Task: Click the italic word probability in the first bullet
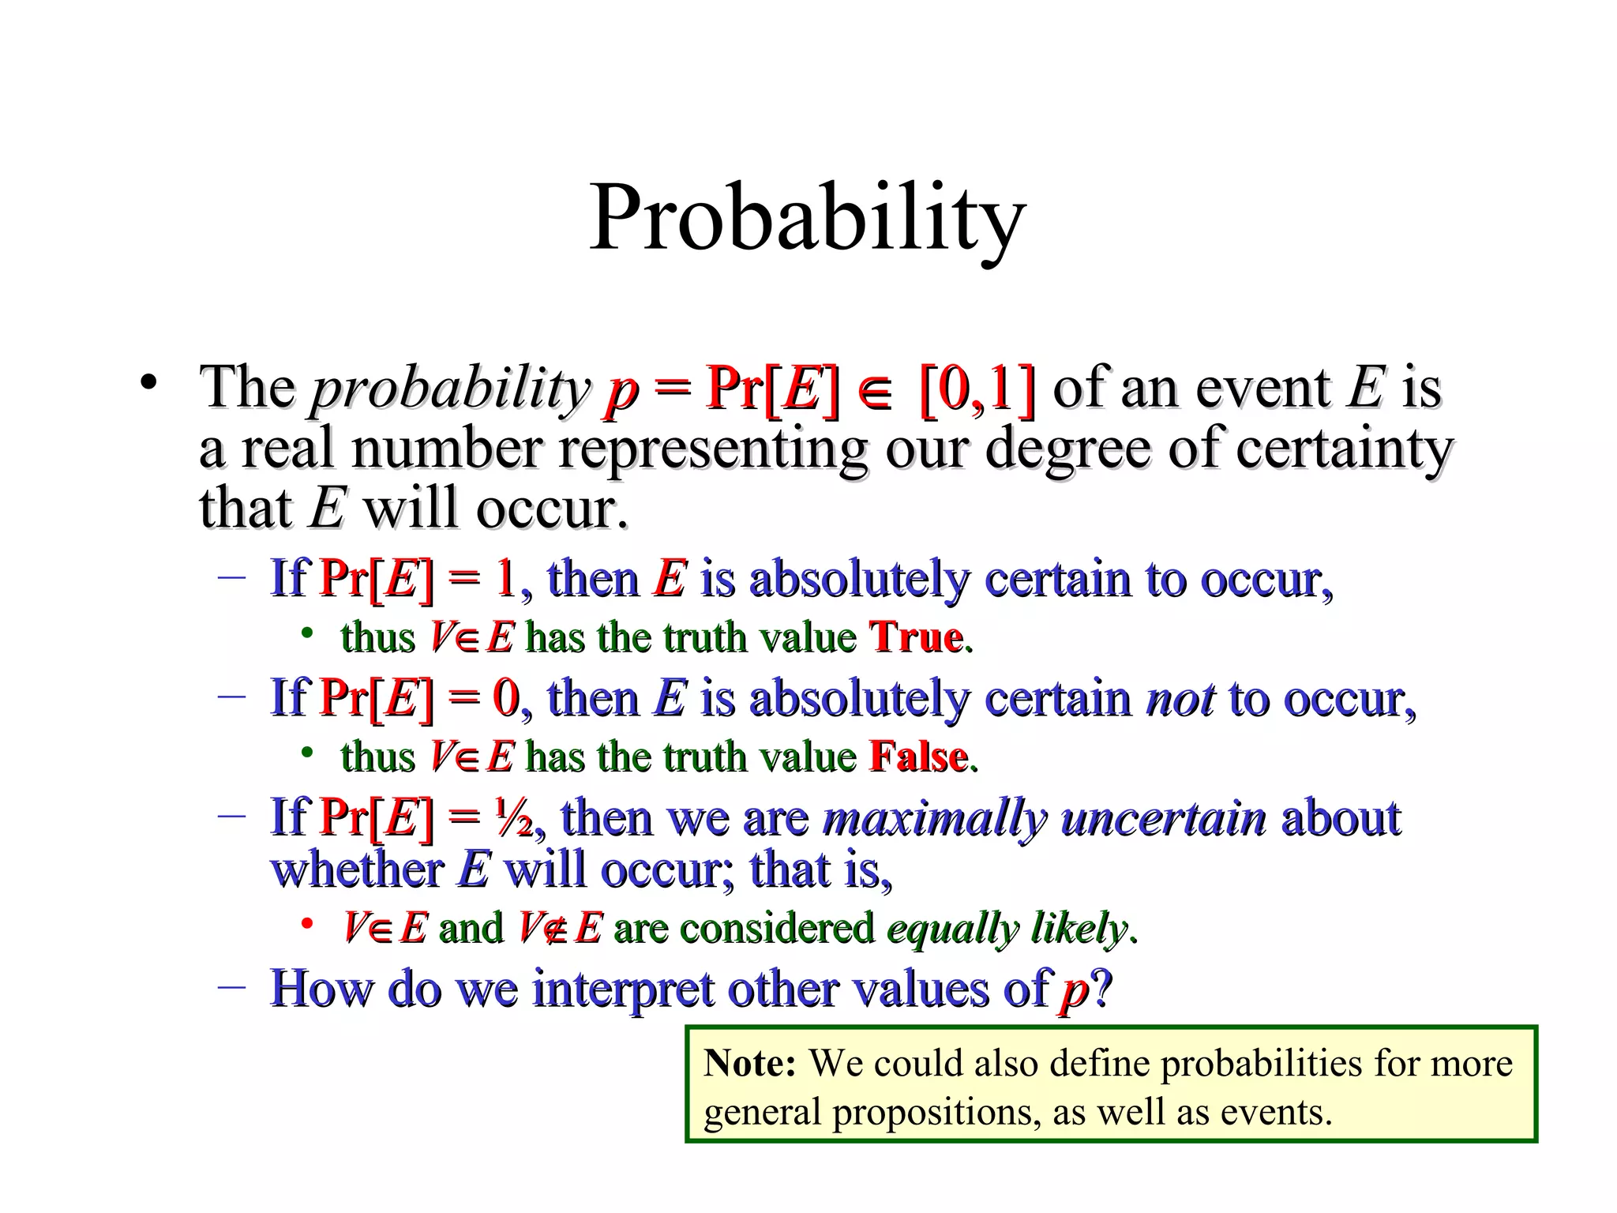pos(450,390)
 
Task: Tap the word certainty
pos(1343,449)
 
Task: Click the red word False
pos(918,757)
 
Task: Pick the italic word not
pos(1180,699)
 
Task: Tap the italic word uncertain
pos(1164,818)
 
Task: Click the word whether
pos(357,870)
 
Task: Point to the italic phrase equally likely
pos(1007,928)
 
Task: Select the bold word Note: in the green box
pos(749,1063)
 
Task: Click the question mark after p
pos(1101,988)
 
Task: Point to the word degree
pos(1070,449)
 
